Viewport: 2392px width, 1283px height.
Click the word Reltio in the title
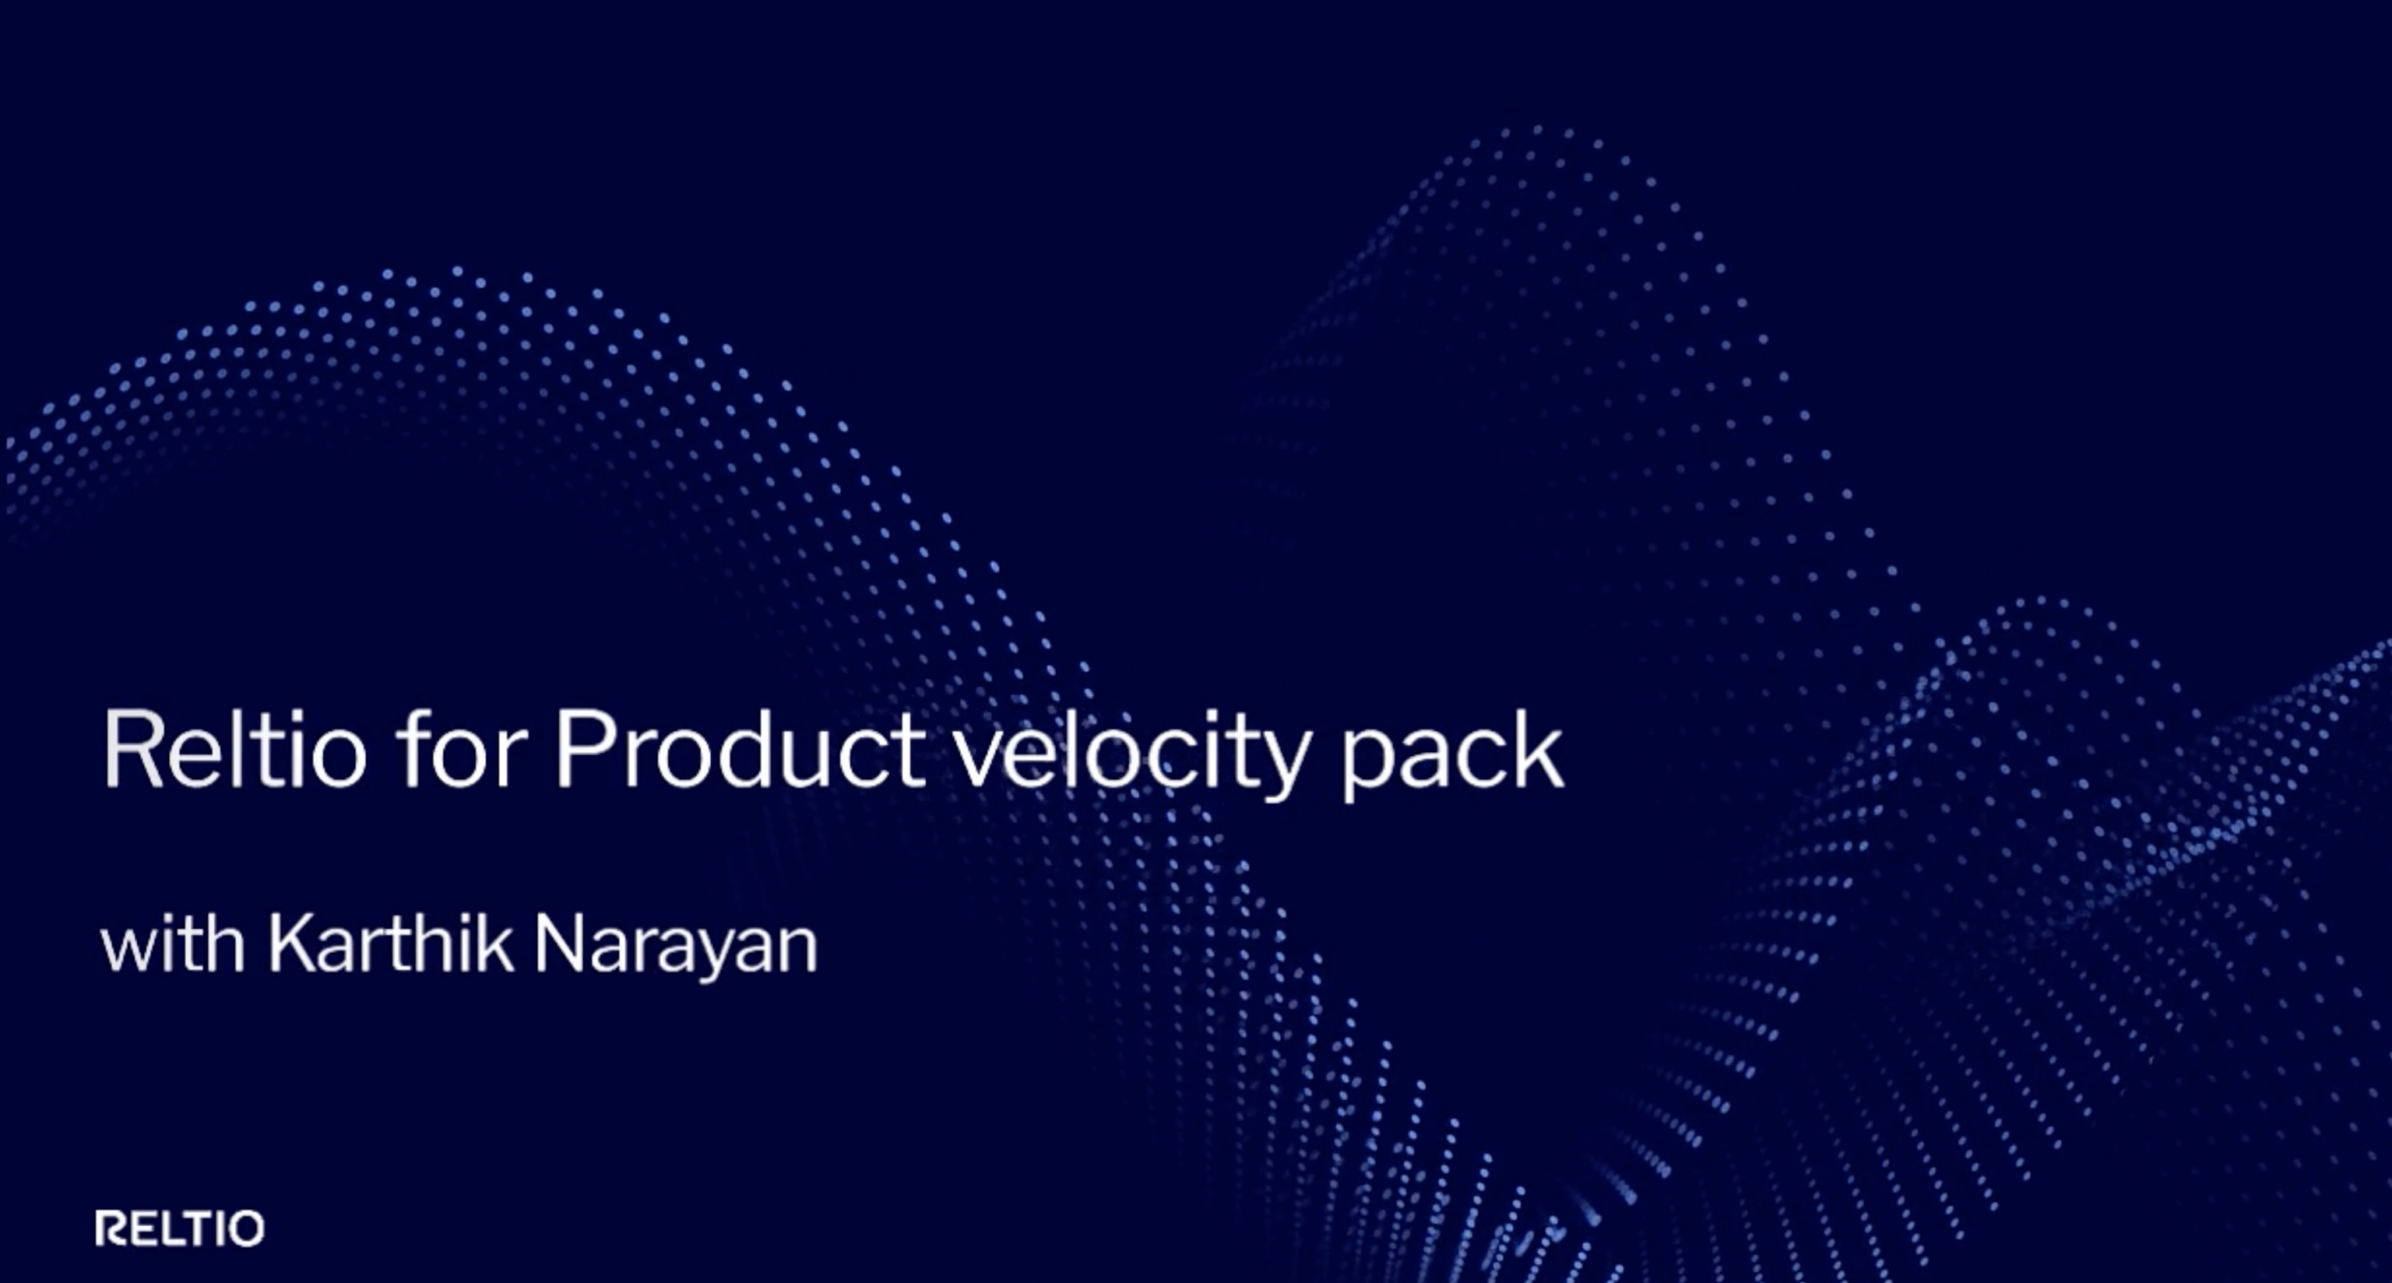[x=235, y=748]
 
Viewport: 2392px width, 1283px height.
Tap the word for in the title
[x=461, y=748]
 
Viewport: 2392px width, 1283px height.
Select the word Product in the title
[x=741, y=748]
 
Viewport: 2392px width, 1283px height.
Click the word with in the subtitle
[x=173, y=944]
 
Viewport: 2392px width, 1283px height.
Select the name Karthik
[x=392, y=944]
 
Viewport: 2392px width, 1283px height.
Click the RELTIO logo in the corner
[x=179, y=1228]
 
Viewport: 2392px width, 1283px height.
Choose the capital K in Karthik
[x=294, y=945]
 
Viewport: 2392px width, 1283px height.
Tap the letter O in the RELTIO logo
[x=247, y=1229]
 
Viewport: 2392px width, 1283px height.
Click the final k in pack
[x=1538, y=748]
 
